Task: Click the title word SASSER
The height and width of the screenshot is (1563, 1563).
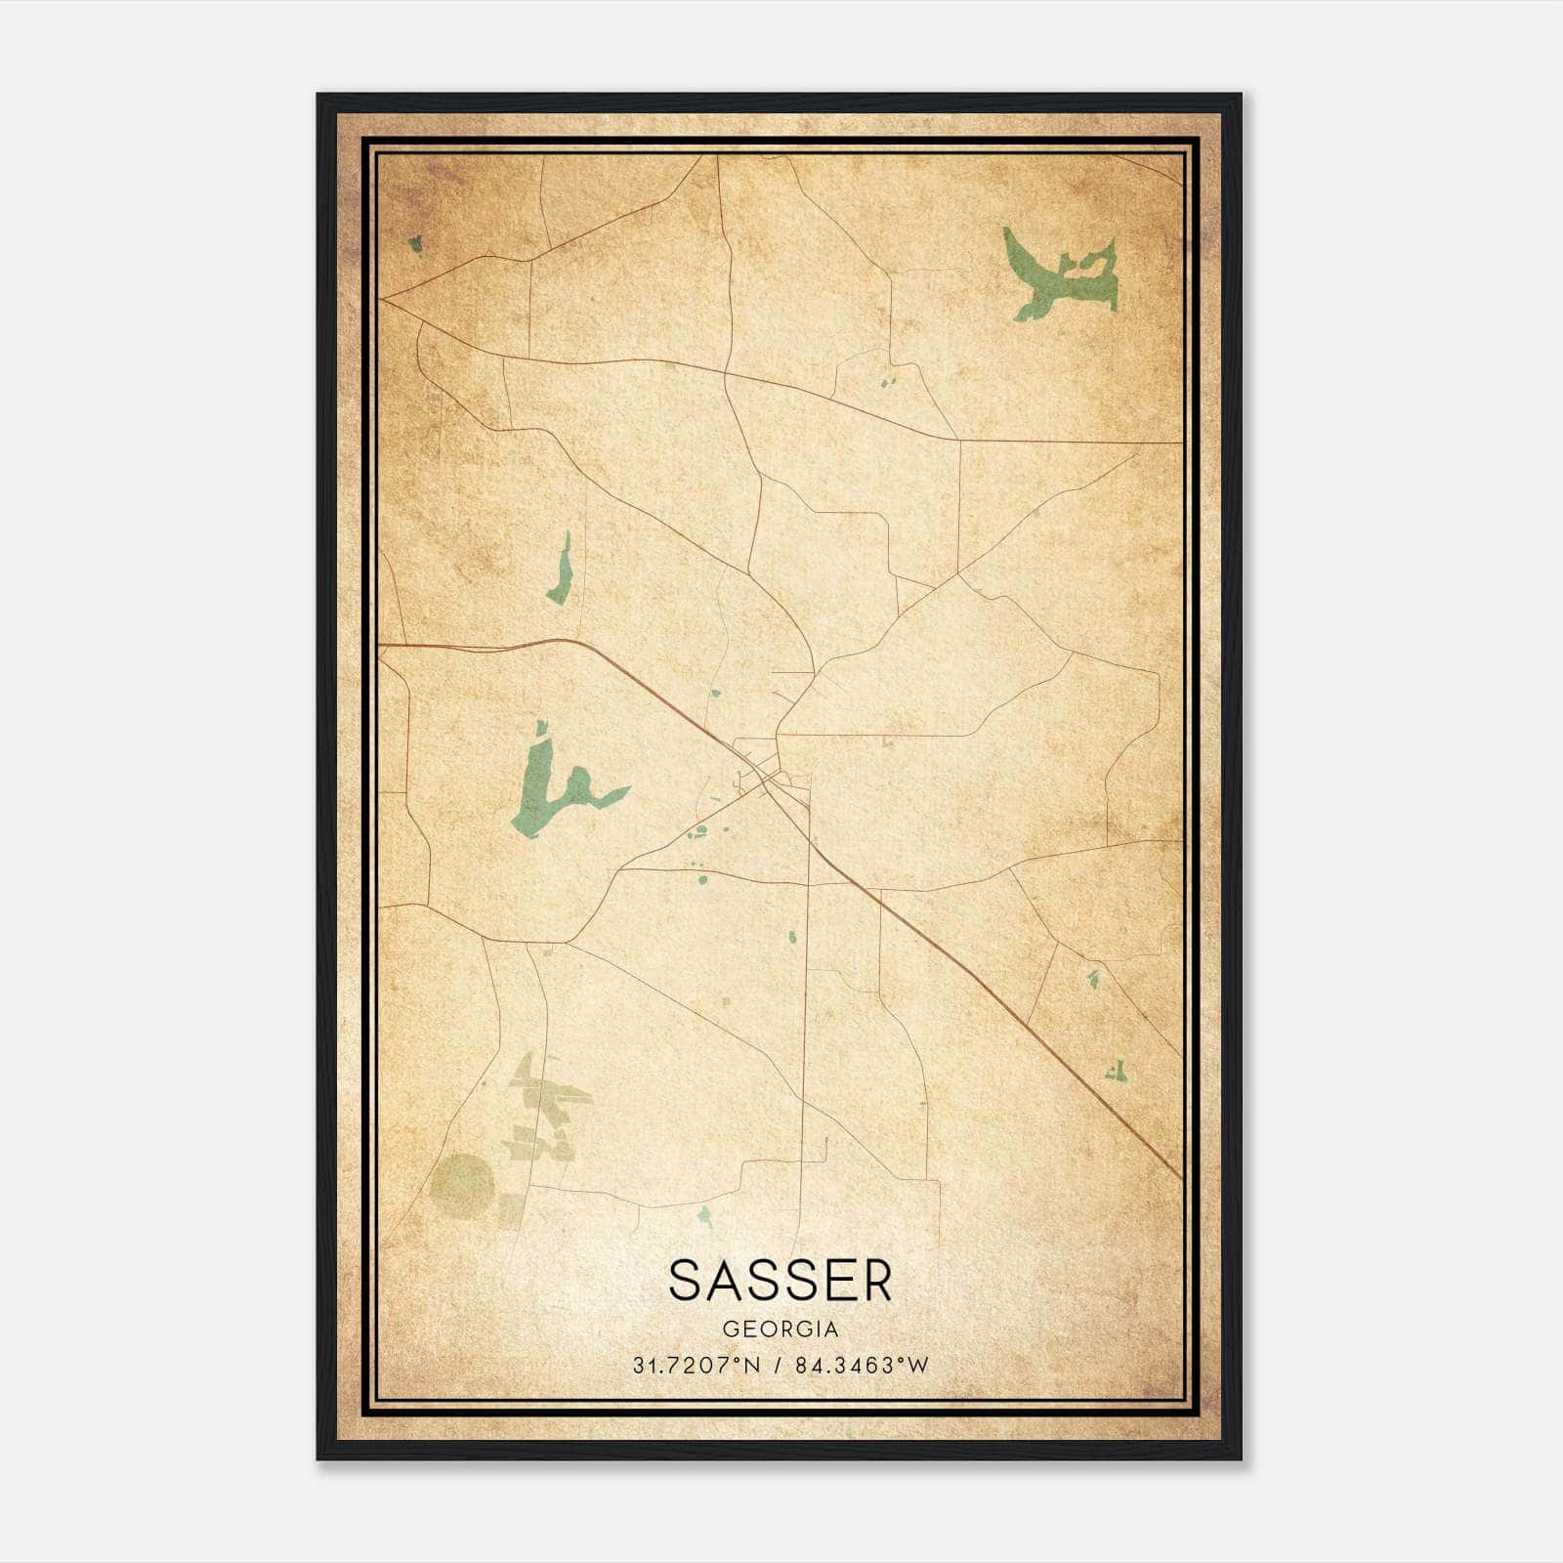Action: pyautogui.click(x=781, y=1281)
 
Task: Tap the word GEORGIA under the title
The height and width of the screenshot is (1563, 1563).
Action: pyautogui.click(x=781, y=1330)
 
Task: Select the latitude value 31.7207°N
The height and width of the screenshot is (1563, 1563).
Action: pyautogui.click(x=696, y=1366)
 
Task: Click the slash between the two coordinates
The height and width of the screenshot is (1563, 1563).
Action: pyautogui.click(x=778, y=1366)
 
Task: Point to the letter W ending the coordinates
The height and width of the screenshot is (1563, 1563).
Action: pyautogui.click(x=918, y=1366)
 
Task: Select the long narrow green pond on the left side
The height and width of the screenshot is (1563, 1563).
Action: pyautogui.click(x=560, y=571)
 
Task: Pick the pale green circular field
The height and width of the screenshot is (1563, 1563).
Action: pyautogui.click(x=462, y=1186)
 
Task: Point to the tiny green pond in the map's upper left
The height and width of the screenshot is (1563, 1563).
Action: pyautogui.click(x=415, y=242)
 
